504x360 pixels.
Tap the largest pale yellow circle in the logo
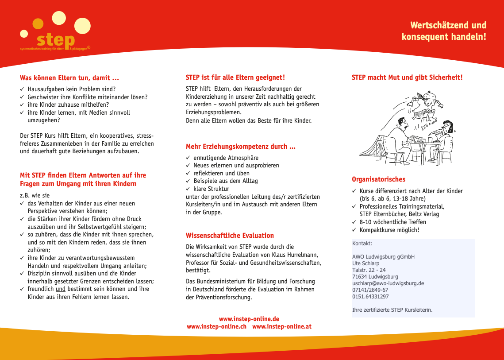(83, 26)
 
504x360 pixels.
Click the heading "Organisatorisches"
(379, 179)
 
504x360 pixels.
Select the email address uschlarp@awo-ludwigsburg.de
(388, 283)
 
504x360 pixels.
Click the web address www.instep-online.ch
(217, 326)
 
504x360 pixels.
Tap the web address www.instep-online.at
(282, 326)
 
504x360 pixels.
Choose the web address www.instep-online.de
(249, 319)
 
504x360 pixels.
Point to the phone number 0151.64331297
(370, 297)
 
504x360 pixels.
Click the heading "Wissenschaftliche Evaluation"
(230, 236)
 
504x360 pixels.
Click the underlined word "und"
(61, 289)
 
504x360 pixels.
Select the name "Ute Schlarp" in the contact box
(366, 263)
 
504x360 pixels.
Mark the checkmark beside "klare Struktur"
(188, 189)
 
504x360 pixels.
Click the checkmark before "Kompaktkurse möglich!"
(354, 230)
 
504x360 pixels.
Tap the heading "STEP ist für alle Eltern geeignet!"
(235, 77)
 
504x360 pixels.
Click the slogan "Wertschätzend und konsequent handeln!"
(444, 31)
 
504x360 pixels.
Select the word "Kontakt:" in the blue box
(362, 244)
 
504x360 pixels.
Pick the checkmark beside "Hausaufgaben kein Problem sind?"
(22, 89)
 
